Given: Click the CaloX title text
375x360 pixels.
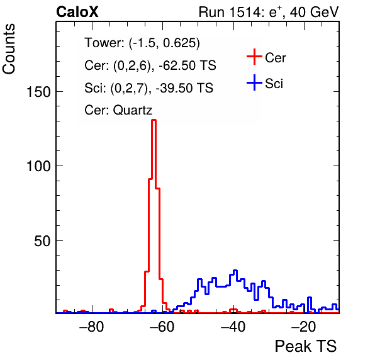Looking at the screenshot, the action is coord(77,12).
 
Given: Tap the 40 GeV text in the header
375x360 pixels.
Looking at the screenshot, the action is coord(314,12).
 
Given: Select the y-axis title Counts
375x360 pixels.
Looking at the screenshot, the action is coord(9,49).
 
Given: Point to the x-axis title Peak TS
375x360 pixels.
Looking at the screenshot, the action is coord(306,346).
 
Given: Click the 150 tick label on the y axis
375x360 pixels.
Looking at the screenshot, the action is coord(38,92).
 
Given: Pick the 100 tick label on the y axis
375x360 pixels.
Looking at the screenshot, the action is coord(38,166).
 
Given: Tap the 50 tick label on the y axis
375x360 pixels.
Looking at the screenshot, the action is coord(43,241).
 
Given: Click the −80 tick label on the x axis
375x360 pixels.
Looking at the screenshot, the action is coord(92,327).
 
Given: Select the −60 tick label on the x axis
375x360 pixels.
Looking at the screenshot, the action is coord(162,327).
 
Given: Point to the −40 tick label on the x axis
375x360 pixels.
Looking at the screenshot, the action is coord(233,327).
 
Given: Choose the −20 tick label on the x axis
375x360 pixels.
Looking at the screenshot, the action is coord(304,327).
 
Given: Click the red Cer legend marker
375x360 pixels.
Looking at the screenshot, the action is coord(254,57).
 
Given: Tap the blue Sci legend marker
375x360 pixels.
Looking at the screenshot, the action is coord(254,82).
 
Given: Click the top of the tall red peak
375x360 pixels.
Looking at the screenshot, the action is coord(154,120).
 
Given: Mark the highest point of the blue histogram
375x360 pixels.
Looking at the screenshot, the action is coord(235,270).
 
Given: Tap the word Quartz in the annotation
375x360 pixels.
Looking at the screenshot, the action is coord(133,110).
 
